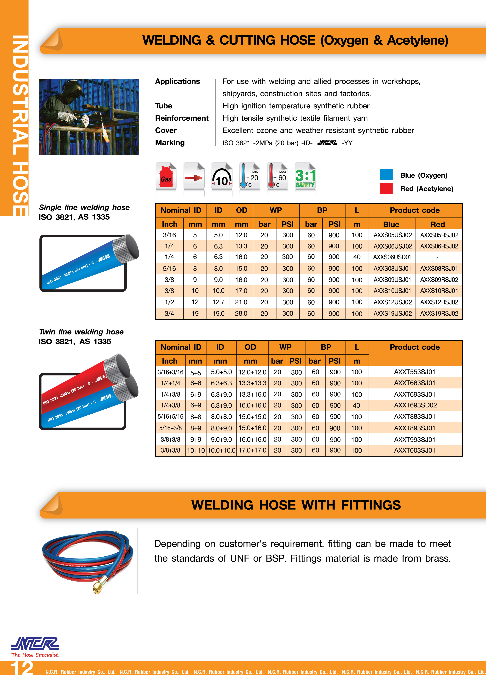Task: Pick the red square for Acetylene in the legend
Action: [x=386, y=188]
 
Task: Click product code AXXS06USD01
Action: [x=392, y=257]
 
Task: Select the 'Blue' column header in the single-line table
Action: [x=391, y=224]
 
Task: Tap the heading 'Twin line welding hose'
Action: [x=81, y=332]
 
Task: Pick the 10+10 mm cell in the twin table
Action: [x=196, y=450]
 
